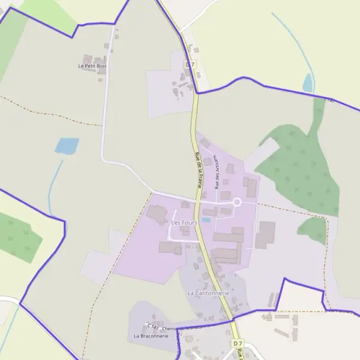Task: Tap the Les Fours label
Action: pos(184,223)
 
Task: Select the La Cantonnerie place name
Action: pos(208,293)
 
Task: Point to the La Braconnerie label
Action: pos(151,336)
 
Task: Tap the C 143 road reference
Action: pos(153,328)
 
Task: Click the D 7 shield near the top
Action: pos(190,64)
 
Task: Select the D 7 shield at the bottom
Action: pos(238,342)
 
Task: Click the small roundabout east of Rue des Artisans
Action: pos(236,203)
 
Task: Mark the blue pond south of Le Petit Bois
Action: pos(67,145)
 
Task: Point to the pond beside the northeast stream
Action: pos(308,83)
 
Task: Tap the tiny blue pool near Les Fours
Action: pos(206,220)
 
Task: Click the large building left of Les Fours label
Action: pos(157,214)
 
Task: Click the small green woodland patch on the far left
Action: pos(18,236)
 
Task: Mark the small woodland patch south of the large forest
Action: pos(313,230)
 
